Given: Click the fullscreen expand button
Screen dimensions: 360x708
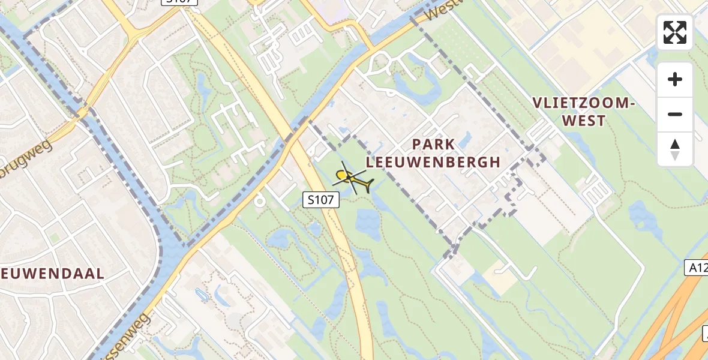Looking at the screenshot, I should pyautogui.click(x=675, y=32).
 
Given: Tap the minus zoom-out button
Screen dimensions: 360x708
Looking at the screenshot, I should pyautogui.click(x=675, y=114).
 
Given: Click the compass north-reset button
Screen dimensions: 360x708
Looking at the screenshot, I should pyautogui.click(x=675, y=149).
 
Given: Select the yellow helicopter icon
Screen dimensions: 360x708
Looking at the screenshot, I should pyautogui.click(x=350, y=178).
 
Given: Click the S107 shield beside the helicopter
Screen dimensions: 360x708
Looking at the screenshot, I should pyautogui.click(x=320, y=200).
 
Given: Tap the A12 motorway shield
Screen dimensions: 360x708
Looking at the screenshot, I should pyautogui.click(x=696, y=268).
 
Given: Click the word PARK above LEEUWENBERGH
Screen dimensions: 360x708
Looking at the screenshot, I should pyautogui.click(x=434, y=145).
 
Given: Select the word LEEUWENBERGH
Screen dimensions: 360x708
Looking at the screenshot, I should pyautogui.click(x=433, y=162).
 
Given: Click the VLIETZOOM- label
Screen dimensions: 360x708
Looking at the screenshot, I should pyautogui.click(x=583, y=103).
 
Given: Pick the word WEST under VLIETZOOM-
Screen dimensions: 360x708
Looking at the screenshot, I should pyautogui.click(x=583, y=121).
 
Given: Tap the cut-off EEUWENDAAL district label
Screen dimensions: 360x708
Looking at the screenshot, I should pyautogui.click(x=53, y=274).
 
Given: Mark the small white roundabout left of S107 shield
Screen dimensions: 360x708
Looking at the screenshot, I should pyautogui.click(x=260, y=200).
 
